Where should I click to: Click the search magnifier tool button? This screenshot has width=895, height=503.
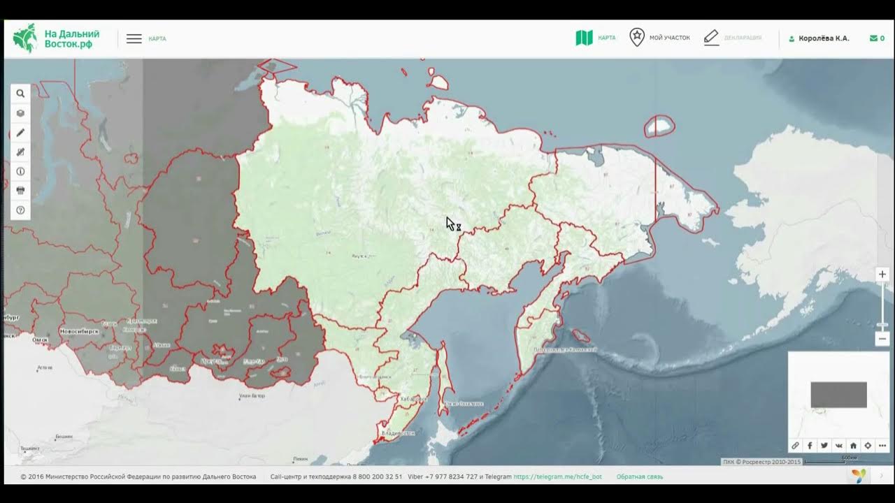tap(20, 94)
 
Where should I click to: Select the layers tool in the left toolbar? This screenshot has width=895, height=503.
tap(20, 113)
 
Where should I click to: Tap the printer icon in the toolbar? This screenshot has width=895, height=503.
tap(20, 191)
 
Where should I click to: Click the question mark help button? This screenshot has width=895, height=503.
tap(20, 210)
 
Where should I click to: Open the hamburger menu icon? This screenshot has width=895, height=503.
tap(134, 39)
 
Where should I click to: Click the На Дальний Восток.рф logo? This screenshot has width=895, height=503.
tap(57, 38)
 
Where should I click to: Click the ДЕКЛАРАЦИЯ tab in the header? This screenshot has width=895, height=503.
tap(732, 38)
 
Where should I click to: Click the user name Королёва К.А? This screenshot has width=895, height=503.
tap(824, 38)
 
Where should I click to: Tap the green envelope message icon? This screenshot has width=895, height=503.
tap(873, 38)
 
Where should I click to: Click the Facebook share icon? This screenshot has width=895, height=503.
tap(810, 446)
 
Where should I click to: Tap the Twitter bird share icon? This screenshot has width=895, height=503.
tap(824, 446)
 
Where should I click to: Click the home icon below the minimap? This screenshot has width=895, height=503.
tap(853, 446)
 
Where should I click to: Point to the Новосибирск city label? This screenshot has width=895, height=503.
tap(79, 331)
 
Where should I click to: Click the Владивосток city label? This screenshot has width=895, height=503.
tap(398, 433)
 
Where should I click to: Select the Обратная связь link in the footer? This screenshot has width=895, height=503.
tap(640, 476)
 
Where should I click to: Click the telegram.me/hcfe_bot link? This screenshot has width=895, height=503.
tap(557, 476)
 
